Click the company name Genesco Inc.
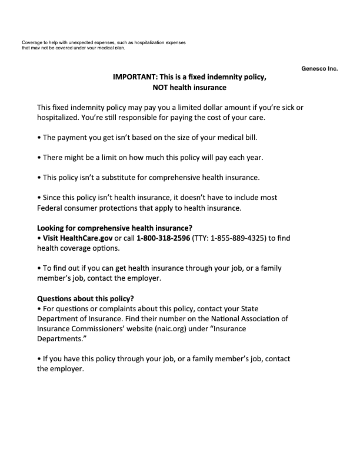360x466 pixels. [x=319, y=68]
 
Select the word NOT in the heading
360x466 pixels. [x=162, y=88]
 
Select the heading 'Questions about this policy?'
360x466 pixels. [x=86, y=298]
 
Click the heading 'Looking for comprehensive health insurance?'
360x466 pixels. [x=115, y=228]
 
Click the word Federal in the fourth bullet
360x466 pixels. [x=50, y=208]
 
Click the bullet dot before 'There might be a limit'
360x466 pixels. [x=39, y=158]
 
